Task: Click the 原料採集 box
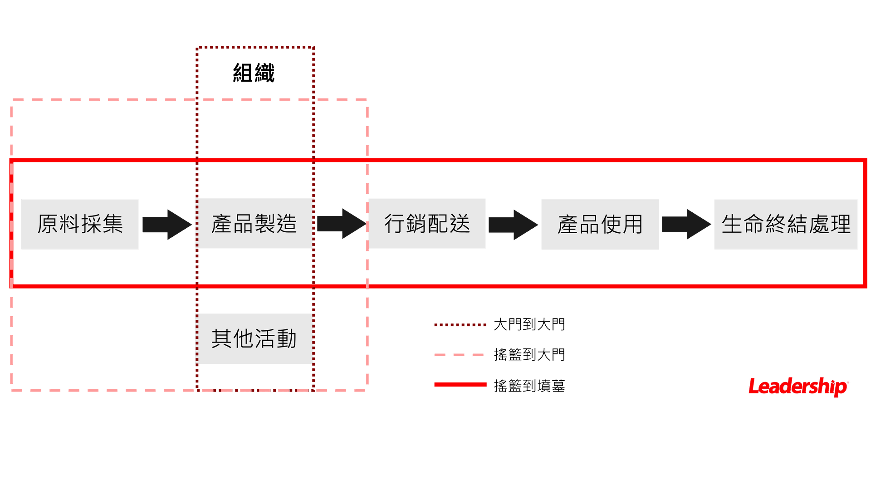click(80, 224)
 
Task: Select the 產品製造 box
click(254, 224)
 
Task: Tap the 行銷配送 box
click(427, 224)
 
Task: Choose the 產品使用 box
click(600, 224)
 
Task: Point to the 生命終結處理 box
click(786, 224)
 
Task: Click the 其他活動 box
click(254, 338)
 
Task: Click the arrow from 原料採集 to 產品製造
click(166, 224)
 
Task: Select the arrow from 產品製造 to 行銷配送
click(341, 224)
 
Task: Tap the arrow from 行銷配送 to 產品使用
click(513, 224)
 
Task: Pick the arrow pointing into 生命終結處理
click(686, 224)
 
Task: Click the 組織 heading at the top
click(254, 73)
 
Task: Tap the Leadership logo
click(798, 387)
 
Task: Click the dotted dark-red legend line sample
click(460, 325)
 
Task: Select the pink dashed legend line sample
click(460, 355)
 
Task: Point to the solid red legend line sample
click(460, 385)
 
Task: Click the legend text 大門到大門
click(529, 325)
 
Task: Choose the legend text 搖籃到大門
click(529, 355)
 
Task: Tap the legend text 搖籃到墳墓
click(529, 386)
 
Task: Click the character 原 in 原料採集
click(48, 224)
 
